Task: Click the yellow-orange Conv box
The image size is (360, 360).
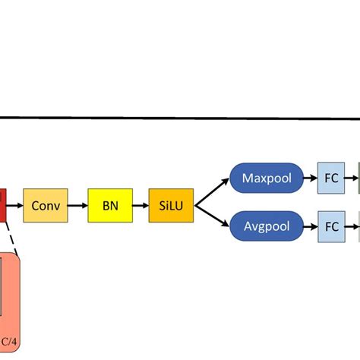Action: (x=46, y=205)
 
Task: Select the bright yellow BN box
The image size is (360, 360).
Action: (x=110, y=205)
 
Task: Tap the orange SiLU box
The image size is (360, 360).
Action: (x=171, y=205)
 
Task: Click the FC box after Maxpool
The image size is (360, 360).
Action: (x=332, y=179)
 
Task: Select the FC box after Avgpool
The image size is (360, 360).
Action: (x=332, y=226)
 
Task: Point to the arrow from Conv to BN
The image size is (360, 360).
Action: (x=77, y=205)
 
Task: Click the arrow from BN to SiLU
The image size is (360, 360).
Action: (x=141, y=205)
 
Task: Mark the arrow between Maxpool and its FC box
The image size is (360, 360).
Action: (x=308, y=179)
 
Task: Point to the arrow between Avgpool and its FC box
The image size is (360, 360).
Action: (x=308, y=226)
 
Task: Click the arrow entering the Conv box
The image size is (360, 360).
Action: (x=15, y=205)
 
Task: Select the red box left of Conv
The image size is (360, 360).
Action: (x=3, y=205)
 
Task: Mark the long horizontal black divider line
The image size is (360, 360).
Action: (x=180, y=117)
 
